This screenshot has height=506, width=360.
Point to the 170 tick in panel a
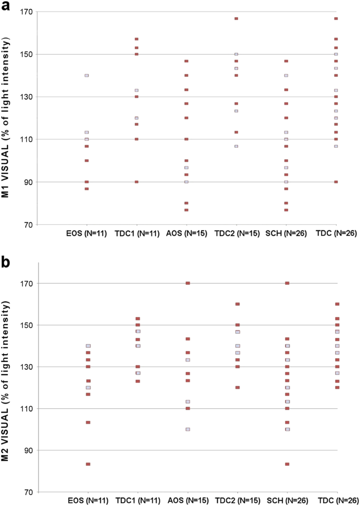click(26, 12)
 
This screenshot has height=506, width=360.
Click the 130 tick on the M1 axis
click(26, 97)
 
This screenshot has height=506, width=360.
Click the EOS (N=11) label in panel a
click(87, 233)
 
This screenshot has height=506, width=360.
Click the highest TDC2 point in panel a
click(236, 18)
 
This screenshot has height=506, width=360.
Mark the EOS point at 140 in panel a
click(87, 75)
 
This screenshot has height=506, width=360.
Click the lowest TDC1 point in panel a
click(137, 182)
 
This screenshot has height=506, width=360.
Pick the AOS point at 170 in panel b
click(188, 283)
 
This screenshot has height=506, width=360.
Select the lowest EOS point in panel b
click(88, 464)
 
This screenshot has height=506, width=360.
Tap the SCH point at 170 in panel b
click(287, 283)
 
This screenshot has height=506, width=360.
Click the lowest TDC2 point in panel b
click(238, 388)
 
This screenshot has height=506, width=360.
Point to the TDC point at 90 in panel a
click(336, 182)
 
